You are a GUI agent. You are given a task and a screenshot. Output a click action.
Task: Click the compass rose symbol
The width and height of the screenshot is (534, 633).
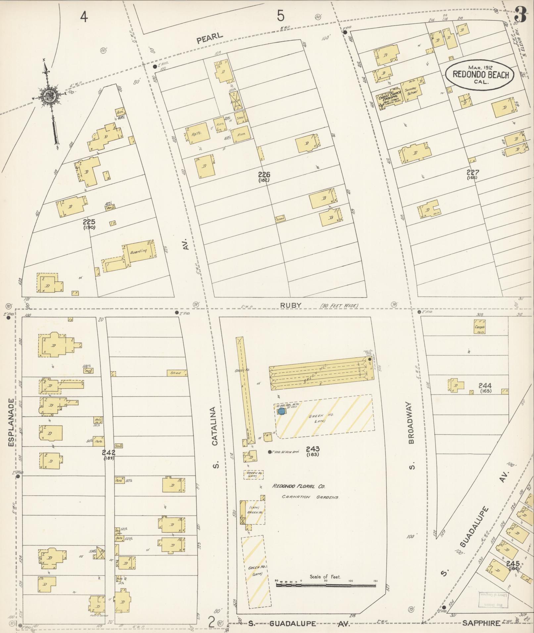tap(50, 96)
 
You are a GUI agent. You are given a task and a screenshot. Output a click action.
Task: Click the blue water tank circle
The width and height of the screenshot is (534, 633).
tap(281, 411)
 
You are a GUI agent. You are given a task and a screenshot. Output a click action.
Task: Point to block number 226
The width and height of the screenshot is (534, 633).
tap(265, 175)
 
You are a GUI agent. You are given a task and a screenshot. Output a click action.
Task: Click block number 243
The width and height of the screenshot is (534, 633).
tap(313, 449)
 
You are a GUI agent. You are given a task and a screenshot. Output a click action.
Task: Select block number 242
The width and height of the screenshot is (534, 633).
tap(109, 453)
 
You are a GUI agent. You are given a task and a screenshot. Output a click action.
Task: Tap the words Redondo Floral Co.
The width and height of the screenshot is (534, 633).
tap(299, 486)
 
